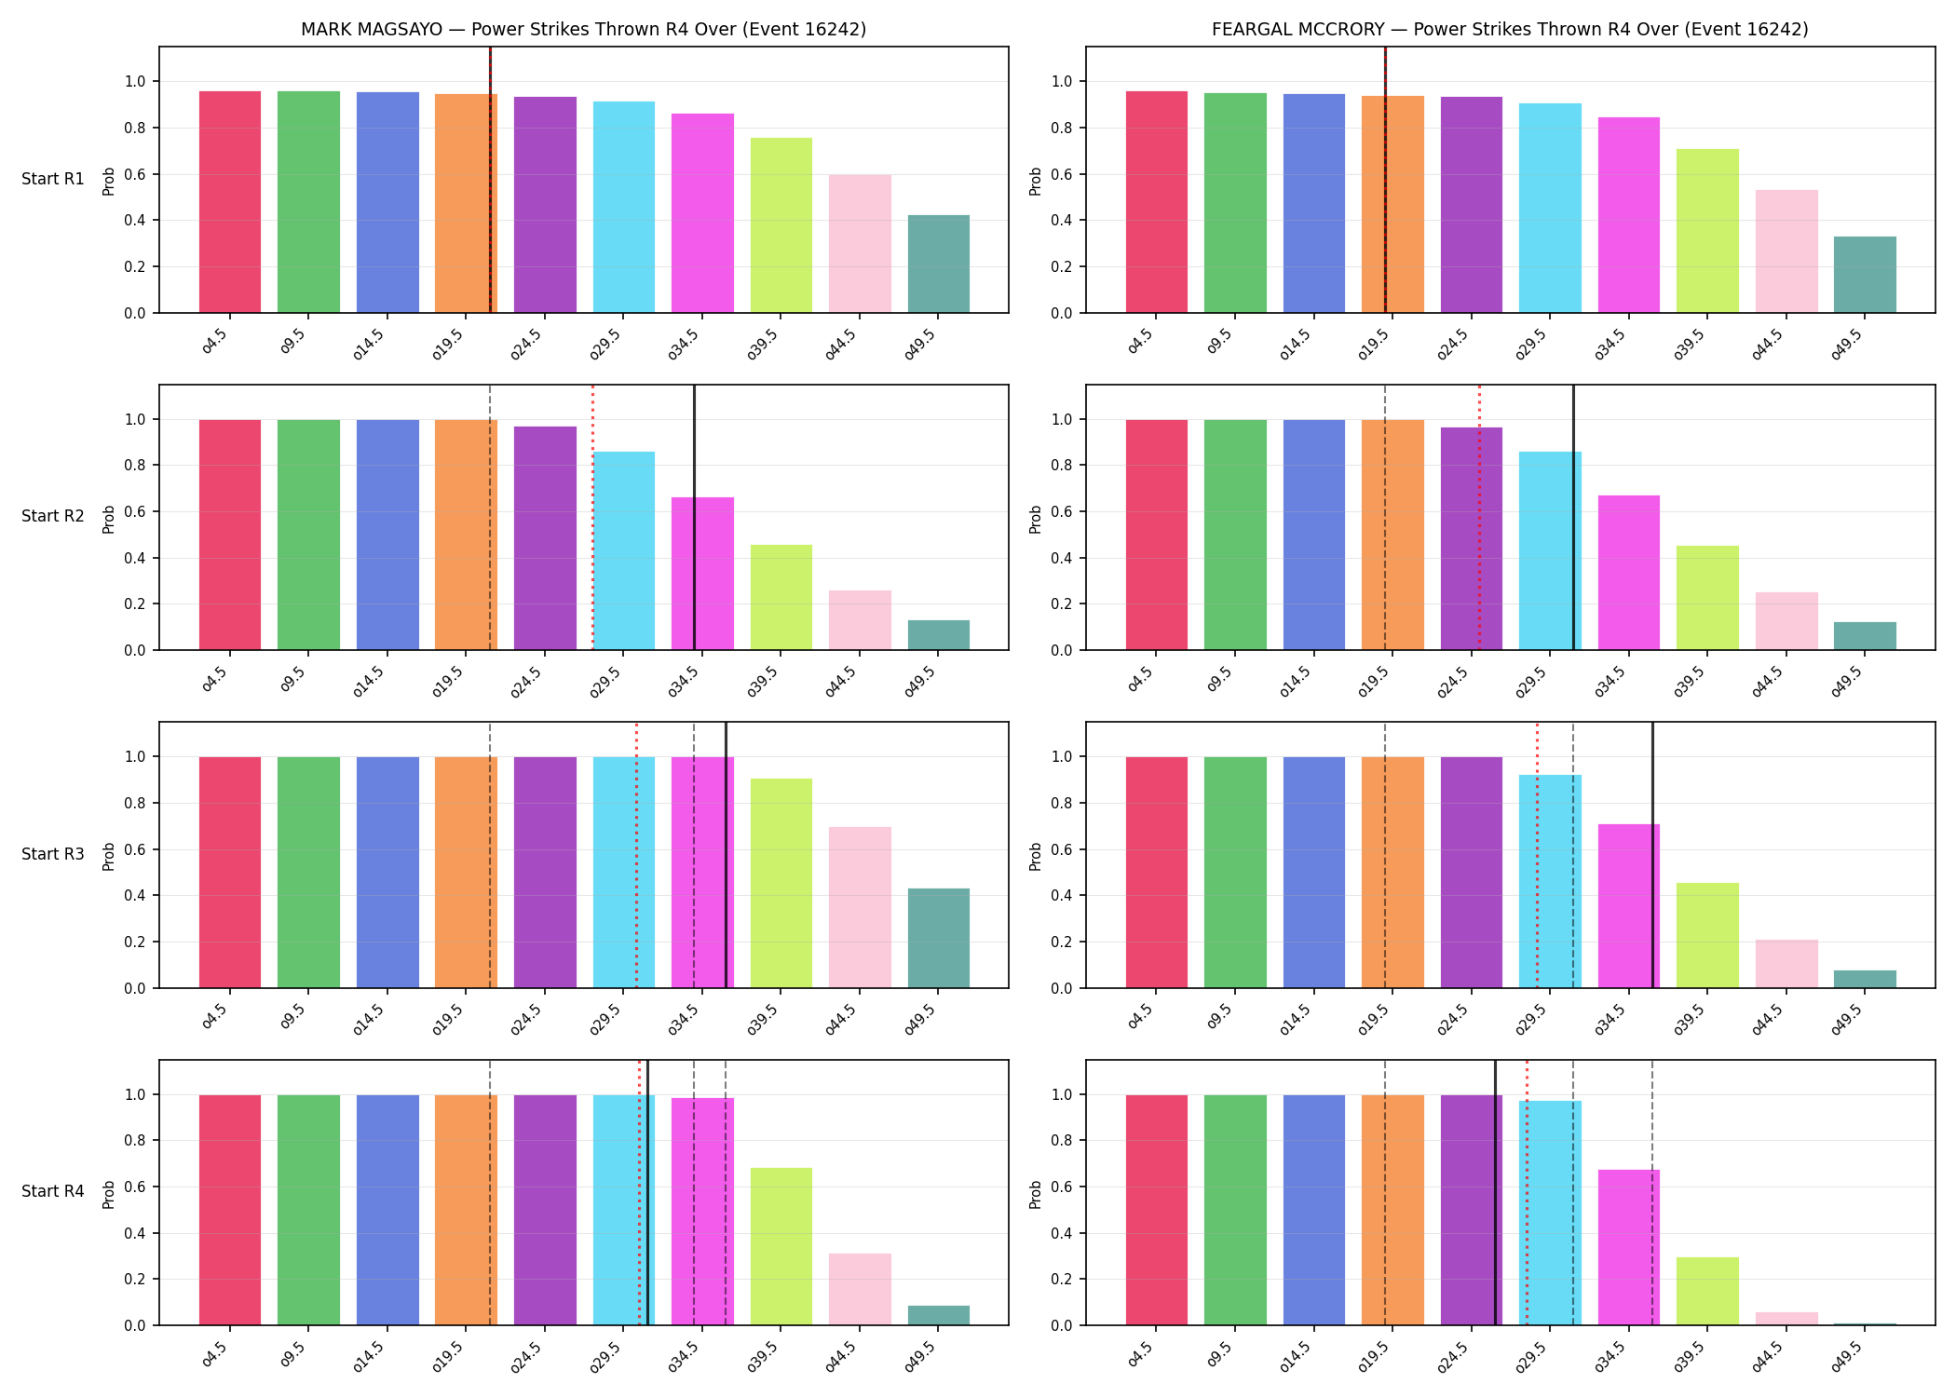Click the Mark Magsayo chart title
(583, 29)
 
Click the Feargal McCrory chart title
(1510, 29)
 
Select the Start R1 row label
(53, 179)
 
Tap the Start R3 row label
(53, 854)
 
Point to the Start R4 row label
(53, 1191)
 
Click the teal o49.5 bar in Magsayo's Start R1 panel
(939, 264)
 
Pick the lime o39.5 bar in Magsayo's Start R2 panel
(781, 597)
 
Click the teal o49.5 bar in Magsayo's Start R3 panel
(939, 938)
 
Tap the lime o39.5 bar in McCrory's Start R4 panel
(1707, 1291)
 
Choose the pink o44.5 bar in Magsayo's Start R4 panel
(860, 1289)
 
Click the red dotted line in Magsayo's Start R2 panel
(592, 517)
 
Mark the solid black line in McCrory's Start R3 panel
(1653, 855)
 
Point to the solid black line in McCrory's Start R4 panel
(1495, 1192)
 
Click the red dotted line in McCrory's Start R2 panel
(1479, 517)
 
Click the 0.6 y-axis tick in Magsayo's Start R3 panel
(135, 849)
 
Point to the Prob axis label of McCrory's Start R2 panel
(1036, 519)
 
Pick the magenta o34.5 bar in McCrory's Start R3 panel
(1629, 906)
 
